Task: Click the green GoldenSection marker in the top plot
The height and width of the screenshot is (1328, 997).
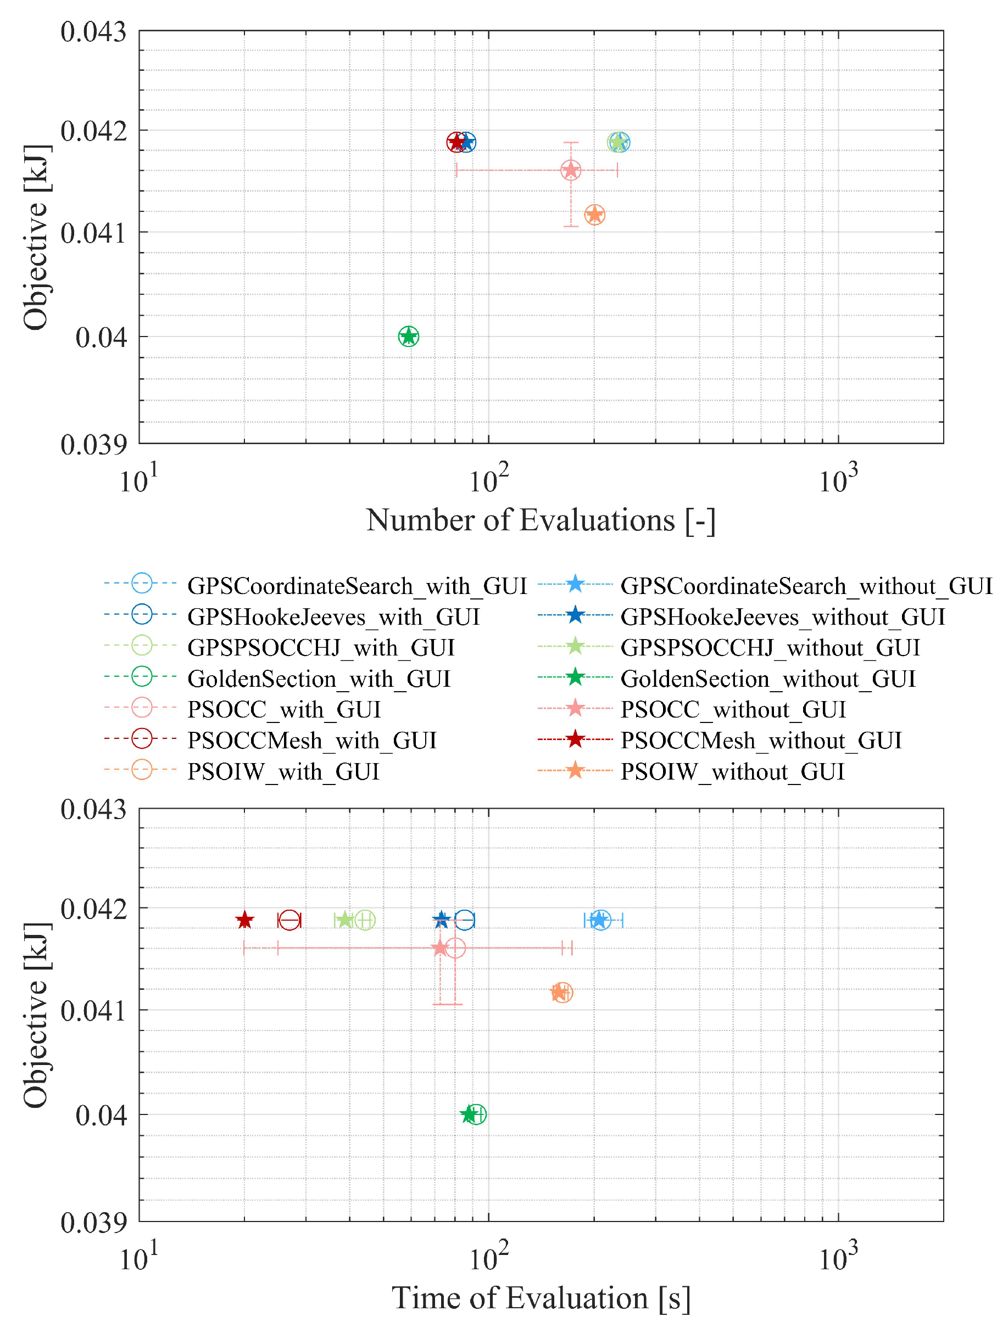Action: (x=408, y=336)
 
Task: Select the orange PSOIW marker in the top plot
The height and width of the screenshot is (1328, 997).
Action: (x=594, y=214)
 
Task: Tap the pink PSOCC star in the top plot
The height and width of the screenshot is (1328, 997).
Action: (x=571, y=171)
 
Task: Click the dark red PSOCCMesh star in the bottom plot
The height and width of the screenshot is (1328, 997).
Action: (x=244, y=920)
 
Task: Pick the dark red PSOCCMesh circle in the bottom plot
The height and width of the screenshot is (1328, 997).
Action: (x=289, y=920)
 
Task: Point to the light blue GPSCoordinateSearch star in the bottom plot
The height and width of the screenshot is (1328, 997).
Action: (x=599, y=920)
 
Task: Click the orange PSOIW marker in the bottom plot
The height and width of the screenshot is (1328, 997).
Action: (x=561, y=993)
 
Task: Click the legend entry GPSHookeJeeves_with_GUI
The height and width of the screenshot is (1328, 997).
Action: (x=333, y=617)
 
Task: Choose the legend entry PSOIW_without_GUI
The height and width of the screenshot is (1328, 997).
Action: (x=732, y=771)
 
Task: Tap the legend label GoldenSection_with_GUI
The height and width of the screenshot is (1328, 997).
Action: (x=318, y=679)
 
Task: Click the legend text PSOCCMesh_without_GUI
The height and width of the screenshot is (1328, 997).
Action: (x=760, y=741)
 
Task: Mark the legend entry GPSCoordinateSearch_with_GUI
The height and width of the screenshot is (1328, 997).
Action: (x=357, y=586)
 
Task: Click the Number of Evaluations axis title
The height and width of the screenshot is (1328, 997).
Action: (x=541, y=520)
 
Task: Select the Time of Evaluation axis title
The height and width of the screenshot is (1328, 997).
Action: (x=541, y=1298)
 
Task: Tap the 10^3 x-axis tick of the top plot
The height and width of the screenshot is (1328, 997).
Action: (x=838, y=479)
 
